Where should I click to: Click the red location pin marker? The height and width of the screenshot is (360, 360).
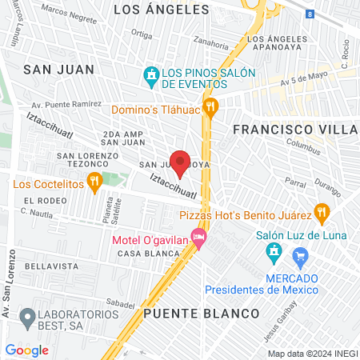(180, 162)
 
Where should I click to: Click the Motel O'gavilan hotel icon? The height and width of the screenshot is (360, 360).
(198, 239)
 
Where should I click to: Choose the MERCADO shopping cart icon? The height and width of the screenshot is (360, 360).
(302, 257)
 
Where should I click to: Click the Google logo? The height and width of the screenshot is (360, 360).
(26, 350)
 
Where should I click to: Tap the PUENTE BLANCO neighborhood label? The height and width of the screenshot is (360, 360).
(202, 313)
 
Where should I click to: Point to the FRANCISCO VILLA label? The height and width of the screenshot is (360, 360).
(294, 129)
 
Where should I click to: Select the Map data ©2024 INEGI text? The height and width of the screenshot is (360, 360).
(312, 353)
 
